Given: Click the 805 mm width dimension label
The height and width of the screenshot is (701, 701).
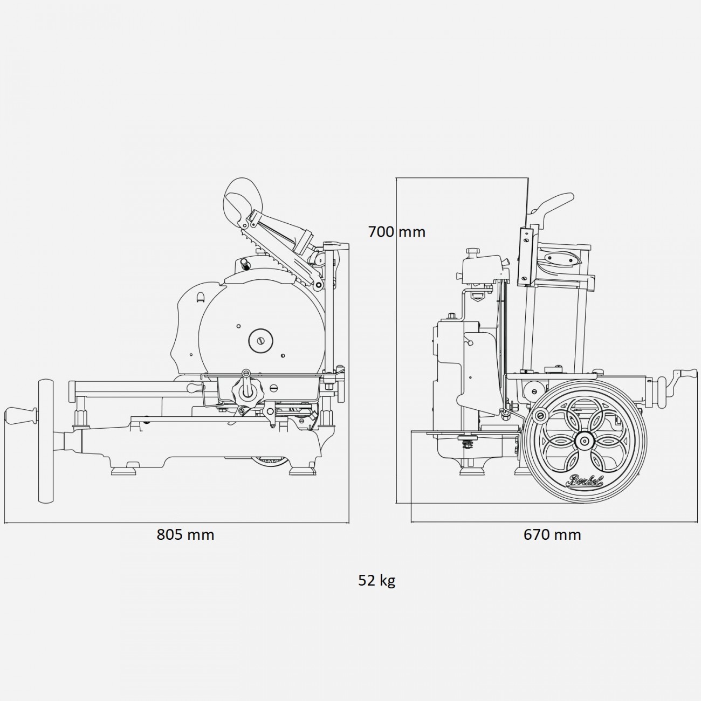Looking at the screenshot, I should pyautogui.click(x=185, y=534).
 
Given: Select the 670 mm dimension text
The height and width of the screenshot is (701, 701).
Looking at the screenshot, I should pyautogui.click(x=552, y=534).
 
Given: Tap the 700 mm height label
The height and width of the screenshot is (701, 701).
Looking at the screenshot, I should pyautogui.click(x=396, y=232).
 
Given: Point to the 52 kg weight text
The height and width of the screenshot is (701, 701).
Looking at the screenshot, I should pyautogui.click(x=376, y=580).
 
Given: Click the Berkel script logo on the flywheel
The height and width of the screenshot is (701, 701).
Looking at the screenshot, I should pyautogui.click(x=584, y=481).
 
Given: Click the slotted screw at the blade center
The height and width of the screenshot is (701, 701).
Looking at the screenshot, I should pyautogui.click(x=261, y=340).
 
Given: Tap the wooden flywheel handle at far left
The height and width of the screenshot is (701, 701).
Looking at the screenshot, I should pyautogui.click(x=20, y=416).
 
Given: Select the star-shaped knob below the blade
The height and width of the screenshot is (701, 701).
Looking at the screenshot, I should pyautogui.click(x=247, y=391).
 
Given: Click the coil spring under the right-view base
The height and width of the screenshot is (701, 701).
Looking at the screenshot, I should pyautogui.click(x=466, y=444).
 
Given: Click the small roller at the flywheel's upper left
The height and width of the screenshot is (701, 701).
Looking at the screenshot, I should pyautogui.click(x=539, y=415).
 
